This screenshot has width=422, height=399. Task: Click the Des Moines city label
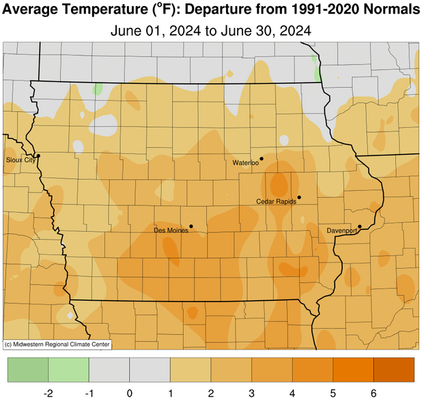pyautogui.click(x=171, y=231)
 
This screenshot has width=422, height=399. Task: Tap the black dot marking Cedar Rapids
pyautogui.click(x=299, y=198)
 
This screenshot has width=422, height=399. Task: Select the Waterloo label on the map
pyautogui.click(x=245, y=163)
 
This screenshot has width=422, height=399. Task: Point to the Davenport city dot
pyautogui.click(x=360, y=226)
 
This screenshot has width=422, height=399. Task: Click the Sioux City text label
pyautogui.click(x=20, y=160)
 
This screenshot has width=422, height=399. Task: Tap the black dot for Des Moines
pyautogui.click(x=191, y=226)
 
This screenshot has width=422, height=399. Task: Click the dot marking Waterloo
pyautogui.click(x=262, y=159)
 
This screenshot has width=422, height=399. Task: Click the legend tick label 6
pyautogui.click(x=374, y=393)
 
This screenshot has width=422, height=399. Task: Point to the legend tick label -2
pyautogui.click(x=48, y=393)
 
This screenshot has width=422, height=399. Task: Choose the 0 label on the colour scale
pyautogui.click(x=130, y=393)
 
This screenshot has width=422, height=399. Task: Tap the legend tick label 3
pyautogui.click(x=252, y=393)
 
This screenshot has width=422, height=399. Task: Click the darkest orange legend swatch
pyautogui.click(x=394, y=370)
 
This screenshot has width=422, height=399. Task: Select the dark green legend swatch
pyautogui.click(x=28, y=370)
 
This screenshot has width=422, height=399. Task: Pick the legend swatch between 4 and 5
pyautogui.click(x=313, y=370)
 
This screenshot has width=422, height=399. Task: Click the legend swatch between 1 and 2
pyautogui.click(x=191, y=370)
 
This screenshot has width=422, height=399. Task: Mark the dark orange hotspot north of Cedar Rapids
pyautogui.click(x=279, y=183)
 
